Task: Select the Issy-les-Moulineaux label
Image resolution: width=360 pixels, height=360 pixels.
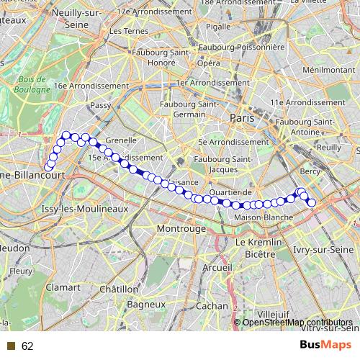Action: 84,208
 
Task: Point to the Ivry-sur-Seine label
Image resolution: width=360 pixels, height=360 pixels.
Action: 325,249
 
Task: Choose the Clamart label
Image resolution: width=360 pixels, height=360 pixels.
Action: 63,287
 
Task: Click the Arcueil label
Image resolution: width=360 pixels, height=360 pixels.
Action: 216,267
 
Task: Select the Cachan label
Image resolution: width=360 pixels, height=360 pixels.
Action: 212,305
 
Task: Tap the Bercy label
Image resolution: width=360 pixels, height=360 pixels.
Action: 310,171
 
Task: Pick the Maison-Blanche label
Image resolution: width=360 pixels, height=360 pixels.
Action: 264,217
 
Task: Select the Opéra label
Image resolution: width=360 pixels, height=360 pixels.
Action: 209,63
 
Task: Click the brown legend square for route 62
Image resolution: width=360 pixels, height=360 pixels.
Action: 11,346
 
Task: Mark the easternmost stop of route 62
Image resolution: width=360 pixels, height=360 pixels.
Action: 312,203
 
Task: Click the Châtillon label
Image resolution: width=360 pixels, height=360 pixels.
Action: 118,289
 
